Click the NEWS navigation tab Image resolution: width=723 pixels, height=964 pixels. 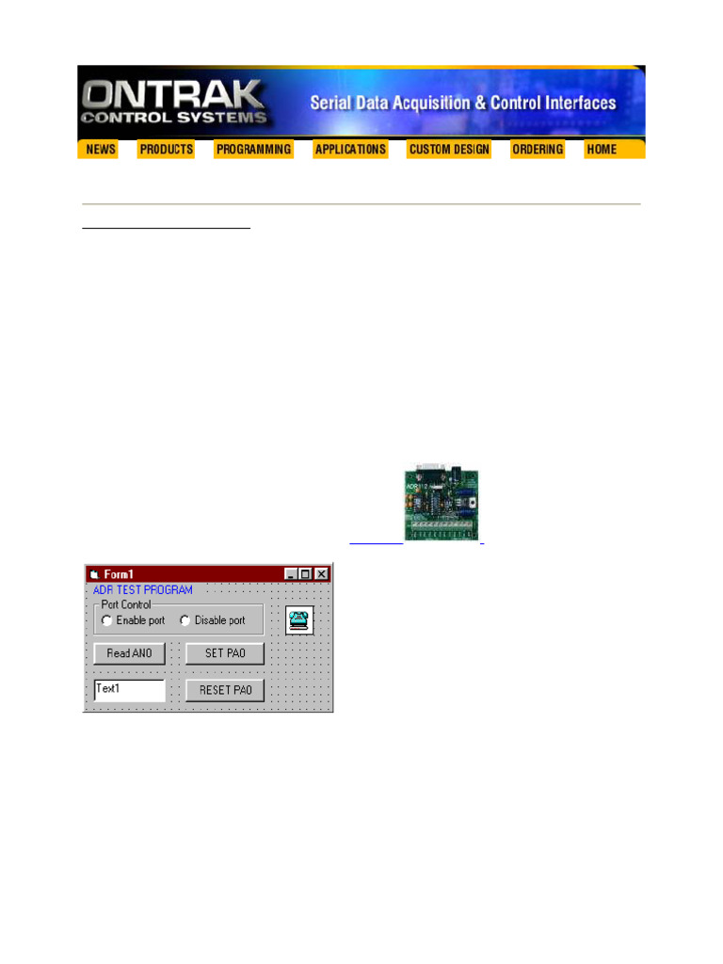101,150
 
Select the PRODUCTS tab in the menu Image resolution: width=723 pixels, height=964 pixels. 166,150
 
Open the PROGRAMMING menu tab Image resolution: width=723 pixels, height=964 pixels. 253,150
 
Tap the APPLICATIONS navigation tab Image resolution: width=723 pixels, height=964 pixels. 350,150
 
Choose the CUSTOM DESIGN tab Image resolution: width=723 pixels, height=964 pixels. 449,150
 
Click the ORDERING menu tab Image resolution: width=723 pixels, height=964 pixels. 538,150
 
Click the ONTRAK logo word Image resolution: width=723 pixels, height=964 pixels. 173,94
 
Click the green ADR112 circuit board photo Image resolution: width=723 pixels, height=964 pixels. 441,502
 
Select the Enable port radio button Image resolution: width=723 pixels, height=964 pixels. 107,620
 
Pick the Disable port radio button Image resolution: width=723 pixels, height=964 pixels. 185,620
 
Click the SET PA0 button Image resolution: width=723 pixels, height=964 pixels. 225,653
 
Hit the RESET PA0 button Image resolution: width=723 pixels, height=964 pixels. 225,690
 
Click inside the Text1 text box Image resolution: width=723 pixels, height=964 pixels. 130,690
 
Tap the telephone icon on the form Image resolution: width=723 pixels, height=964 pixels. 299,619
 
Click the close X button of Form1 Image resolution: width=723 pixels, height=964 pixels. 322,573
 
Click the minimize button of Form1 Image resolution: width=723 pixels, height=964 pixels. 292,573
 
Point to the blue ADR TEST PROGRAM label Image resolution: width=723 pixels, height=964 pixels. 143,589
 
